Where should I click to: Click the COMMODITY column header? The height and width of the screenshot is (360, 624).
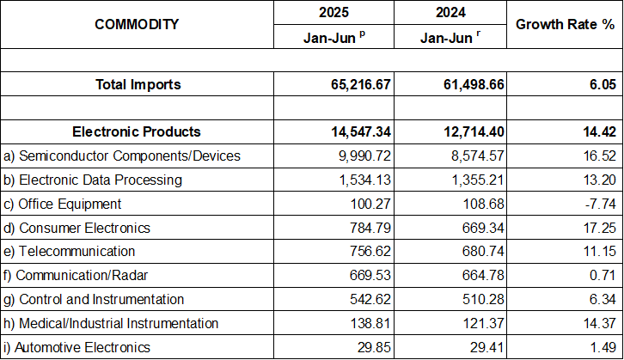[x=137, y=24]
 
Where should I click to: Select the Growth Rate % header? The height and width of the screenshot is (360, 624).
[x=565, y=24]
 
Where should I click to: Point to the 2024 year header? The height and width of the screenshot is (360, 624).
[x=454, y=13]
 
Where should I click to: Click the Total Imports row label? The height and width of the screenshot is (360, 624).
[x=137, y=84]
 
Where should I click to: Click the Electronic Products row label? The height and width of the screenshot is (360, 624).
[x=137, y=131]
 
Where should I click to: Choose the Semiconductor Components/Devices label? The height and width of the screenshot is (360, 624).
[x=122, y=156]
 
